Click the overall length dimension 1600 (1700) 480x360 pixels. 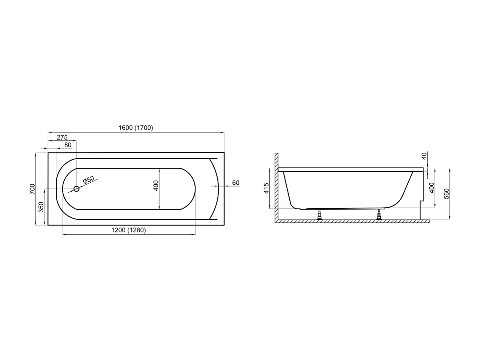136,128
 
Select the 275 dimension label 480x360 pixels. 62,137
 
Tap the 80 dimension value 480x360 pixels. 68,145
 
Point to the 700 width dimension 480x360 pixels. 32,189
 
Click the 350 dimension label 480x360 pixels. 41,207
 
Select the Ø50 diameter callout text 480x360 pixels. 88,180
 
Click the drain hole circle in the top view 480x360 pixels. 76,189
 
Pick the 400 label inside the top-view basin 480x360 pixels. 156,186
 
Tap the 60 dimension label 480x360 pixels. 236,183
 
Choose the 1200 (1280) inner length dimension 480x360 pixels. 129,230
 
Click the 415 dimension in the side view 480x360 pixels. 267,188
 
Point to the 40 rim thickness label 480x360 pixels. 424,156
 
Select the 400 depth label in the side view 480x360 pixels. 432,188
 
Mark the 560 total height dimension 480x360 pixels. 447,194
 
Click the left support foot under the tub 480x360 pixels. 319,215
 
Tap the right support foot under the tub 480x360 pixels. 379,215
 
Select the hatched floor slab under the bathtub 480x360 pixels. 352,221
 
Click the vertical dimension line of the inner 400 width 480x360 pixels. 160,189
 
